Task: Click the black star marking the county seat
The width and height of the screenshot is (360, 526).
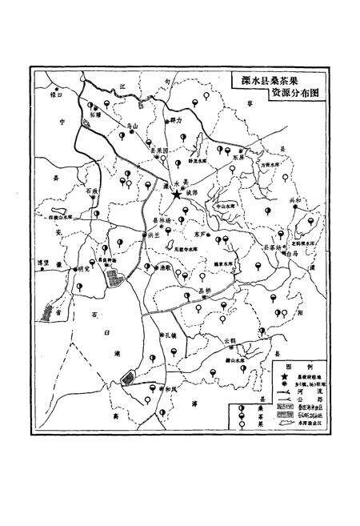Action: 176,193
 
